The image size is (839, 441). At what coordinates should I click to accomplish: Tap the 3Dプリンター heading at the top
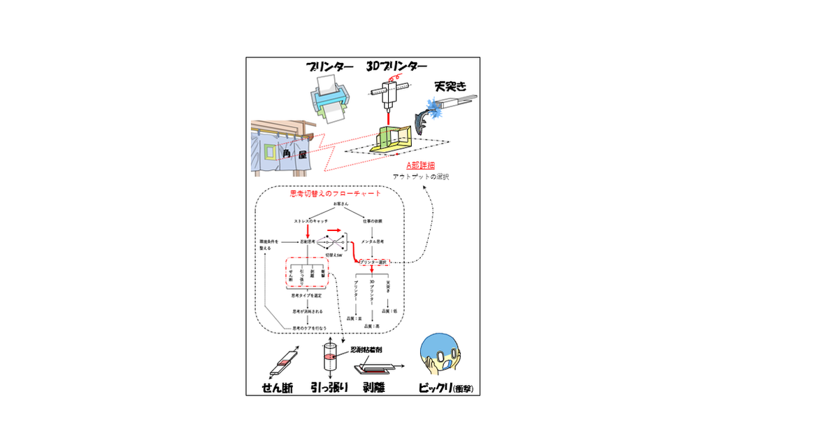pos(396,66)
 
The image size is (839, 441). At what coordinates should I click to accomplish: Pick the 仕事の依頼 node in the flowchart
pos(373,221)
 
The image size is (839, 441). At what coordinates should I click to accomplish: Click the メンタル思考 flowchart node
pos(373,241)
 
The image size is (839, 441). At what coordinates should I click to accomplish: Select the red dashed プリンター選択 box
pos(372,262)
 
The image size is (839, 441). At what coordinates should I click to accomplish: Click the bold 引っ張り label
pos(329,386)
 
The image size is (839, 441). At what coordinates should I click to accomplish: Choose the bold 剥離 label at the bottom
pos(375,386)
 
